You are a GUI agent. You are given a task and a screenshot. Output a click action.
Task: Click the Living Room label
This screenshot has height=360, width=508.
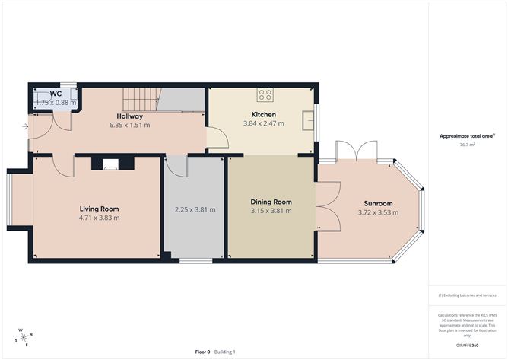tap(100, 209)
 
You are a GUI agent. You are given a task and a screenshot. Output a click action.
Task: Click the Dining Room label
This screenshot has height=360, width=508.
tap(271, 202)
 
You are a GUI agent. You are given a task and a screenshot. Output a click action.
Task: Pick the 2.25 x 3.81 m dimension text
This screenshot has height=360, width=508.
tap(195, 209)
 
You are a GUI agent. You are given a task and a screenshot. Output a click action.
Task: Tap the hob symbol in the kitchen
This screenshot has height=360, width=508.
tap(265, 95)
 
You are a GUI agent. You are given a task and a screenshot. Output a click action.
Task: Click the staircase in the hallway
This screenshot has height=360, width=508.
tap(140, 99)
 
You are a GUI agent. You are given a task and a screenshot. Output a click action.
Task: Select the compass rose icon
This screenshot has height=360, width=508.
tap(25, 336)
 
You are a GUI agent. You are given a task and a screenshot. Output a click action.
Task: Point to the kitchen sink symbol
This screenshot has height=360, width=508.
tap(307, 120)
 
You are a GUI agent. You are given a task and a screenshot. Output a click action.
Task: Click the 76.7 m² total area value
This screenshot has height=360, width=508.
tap(467, 144)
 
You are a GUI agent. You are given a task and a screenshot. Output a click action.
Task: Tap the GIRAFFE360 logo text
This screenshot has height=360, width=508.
tap(467, 345)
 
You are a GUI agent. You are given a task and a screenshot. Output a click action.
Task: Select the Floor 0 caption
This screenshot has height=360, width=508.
tap(202, 352)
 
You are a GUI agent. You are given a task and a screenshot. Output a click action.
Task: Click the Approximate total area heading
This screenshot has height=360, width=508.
tap(466, 135)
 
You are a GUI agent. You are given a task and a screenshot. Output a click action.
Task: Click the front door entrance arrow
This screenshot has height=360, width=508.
tap(26, 126)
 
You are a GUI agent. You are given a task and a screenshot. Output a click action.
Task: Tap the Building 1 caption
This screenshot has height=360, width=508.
tap(224, 352)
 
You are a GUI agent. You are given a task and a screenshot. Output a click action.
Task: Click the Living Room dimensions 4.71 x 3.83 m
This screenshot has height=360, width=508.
tap(100, 218)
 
